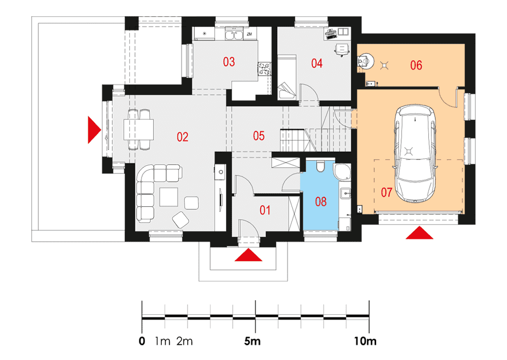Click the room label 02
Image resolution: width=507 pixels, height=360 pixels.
183,137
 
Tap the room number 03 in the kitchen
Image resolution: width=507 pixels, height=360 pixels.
229,62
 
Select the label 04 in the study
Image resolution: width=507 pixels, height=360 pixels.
317,63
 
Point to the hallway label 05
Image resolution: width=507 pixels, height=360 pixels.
259,136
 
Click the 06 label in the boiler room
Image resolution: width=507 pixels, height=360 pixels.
416,65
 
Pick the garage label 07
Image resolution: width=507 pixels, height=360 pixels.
386,193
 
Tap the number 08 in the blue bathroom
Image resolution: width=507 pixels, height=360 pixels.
321,202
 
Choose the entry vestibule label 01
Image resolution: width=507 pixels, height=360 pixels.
265,210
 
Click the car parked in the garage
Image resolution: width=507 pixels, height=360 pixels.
415,154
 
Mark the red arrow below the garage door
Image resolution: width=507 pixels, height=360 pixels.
419,233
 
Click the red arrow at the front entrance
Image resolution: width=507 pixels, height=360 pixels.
248,255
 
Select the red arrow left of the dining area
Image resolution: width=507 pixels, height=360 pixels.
94,130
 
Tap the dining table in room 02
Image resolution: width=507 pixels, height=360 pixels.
138,130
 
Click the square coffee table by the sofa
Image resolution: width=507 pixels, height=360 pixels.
168,197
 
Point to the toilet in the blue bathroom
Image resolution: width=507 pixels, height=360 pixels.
320,166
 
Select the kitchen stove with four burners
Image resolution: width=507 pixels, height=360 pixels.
265,69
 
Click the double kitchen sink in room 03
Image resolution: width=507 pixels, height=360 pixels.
234,34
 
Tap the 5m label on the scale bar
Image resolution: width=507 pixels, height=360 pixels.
252,341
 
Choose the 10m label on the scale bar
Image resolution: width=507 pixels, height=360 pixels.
365,341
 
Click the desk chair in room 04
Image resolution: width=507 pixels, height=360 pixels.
342,50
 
